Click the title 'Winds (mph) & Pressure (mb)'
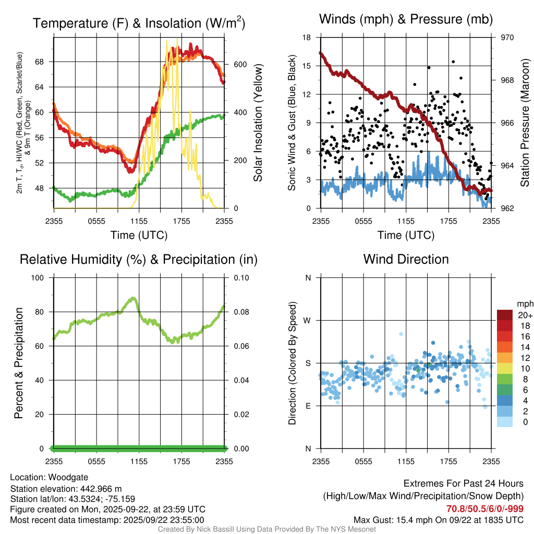[x=406, y=20]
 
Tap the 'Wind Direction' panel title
[x=406, y=259]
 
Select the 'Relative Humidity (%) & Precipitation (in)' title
[x=139, y=259]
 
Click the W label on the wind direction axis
[x=308, y=320]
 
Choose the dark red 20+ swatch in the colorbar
[x=505, y=315]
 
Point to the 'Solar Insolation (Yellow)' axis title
[x=258, y=123]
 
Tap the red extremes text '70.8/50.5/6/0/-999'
[x=484, y=509]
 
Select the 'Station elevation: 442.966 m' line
[x=66, y=489]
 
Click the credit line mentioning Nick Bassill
[x=266, y=529]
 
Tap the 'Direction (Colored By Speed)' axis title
[x=293, y=363]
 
